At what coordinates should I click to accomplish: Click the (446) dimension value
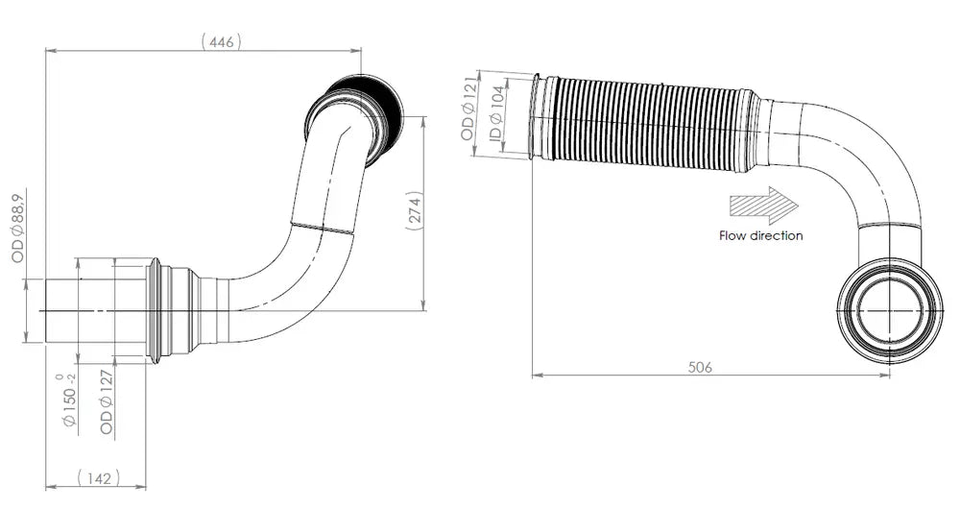click(x=221, y=41)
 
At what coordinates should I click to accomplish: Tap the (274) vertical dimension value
click(x=415, y=211)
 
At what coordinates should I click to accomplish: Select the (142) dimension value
click(x=99, y=477)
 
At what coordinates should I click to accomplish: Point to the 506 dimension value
click(x=700, y=367)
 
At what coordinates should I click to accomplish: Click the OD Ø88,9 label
click(x=17, y=229)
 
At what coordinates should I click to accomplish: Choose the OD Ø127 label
click(x=107, y=401)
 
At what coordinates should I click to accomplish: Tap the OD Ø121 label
click(x=468, y=109)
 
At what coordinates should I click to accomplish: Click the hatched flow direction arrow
click(x=764, y=206)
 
